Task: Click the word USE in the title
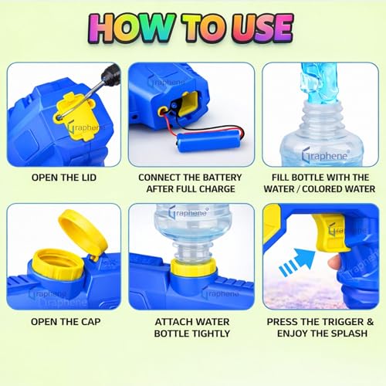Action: pyautogui.click(x=256, y=28)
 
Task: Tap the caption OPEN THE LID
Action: pyautogui.click(x=63, y=178)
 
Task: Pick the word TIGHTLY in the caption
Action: pyautogui.click(x=191, y=334)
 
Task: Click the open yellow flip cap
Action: pyautogui.click(x=81, y=232)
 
